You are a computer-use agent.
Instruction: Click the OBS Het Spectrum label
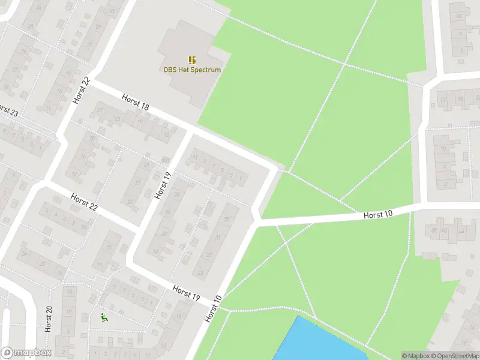(192, 70)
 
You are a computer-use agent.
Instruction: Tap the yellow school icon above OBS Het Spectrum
(192, 59)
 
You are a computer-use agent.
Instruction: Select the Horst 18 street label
(135, 102)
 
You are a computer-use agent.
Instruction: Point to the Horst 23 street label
(7, 111)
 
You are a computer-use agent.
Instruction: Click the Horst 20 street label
(49, 318)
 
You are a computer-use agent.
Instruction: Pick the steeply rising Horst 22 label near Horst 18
(81, 90)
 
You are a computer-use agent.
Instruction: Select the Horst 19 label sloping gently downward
(186, 292)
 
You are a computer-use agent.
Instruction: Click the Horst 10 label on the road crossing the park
(378, 214)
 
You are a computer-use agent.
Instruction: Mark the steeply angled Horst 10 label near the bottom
(213, 308)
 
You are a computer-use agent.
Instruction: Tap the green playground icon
(104, 317)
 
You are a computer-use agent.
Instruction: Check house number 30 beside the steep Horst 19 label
(177, 194)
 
